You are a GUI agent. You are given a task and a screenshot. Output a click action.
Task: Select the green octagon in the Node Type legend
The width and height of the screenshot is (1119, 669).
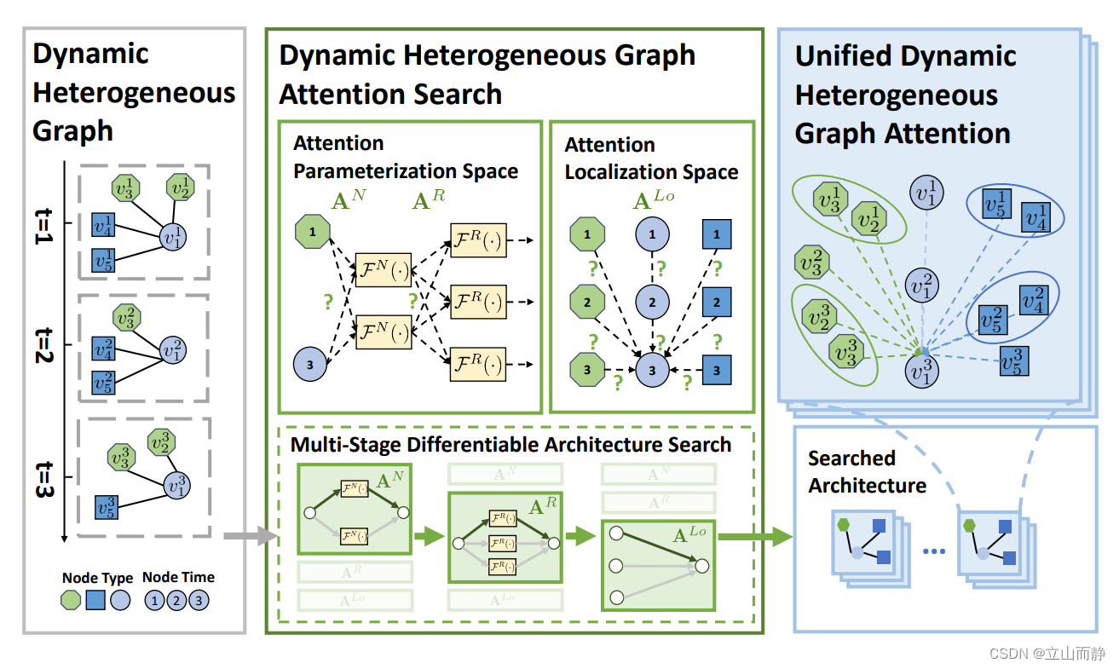(72, 600)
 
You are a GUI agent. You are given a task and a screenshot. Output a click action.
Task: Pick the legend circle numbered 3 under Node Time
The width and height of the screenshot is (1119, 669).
(198, 600)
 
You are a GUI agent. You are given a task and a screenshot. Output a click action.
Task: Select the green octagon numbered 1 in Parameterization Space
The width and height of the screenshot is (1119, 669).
(311, 231)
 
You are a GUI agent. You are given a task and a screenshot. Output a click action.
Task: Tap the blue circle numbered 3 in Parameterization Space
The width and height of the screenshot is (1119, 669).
(310, 364)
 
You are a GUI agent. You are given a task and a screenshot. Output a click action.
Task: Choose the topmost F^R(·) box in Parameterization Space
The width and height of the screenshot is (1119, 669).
(478, 244)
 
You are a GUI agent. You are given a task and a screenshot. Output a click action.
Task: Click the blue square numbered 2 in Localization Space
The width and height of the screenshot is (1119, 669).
(717, 302)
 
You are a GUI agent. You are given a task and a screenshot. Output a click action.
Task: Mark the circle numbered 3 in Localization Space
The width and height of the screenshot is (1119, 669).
(653, 371)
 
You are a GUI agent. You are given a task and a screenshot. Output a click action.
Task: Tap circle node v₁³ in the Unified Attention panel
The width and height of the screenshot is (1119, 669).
(921, 372)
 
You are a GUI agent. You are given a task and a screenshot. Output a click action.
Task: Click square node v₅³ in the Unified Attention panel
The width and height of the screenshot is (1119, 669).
(1013, 360)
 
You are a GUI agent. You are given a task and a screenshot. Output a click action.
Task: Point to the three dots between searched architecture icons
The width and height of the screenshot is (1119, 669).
(935, 551)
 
